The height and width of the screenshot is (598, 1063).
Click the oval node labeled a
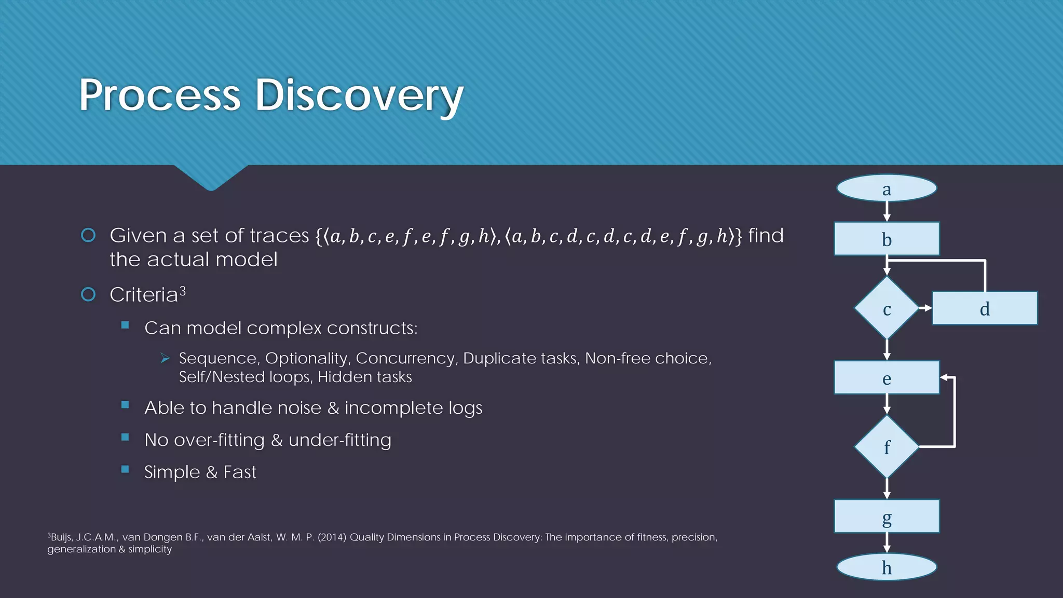point(887,188)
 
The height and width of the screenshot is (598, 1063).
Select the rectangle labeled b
point(887,239)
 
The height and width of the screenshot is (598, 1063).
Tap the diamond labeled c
point(887,308)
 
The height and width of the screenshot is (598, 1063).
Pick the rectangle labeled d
point(985,308)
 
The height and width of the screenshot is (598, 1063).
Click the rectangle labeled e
point(887,378)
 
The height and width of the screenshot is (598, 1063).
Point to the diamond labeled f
point(887,446)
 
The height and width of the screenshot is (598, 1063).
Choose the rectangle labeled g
point(887,517)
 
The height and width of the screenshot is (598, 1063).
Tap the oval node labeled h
point(887,567)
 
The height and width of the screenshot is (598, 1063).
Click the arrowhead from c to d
point(927,308)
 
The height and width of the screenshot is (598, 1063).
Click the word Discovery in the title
point(359,96)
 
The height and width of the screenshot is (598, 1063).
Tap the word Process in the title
point(160,96)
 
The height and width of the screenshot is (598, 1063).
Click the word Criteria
point(144,295)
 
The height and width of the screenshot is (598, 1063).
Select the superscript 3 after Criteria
point(183,291)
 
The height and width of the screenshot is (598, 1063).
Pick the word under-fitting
point(339,440)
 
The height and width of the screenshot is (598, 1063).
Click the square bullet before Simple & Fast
point(125,469)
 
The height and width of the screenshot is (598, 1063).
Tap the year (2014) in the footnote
point(332,537)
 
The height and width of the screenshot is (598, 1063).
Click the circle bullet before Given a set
point(89,235)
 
